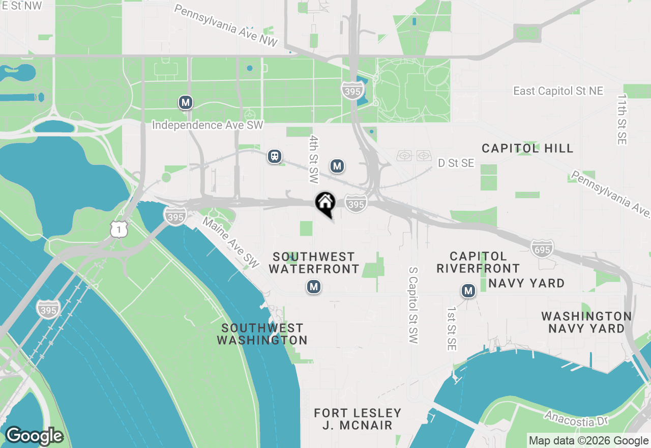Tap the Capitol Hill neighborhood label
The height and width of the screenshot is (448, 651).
click(527, 148)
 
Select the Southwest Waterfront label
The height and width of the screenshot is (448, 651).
click(314, 263)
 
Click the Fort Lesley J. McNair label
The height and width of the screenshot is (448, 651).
click(358, 419)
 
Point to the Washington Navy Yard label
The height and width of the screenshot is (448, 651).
click(586, 322)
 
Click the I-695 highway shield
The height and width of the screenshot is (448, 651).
click(542, 248)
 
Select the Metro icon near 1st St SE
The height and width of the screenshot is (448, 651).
click(468, 291)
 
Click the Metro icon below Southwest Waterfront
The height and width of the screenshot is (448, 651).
click(314, 287)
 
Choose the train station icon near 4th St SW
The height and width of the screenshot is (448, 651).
click(275, 156)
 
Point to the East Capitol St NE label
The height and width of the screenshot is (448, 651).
click(558, 91)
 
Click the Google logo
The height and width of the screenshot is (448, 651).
click(34, 436)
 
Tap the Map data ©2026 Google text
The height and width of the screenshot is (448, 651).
click(588, 441)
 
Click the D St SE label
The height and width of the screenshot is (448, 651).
click(456, 163)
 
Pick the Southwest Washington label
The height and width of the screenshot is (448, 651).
click(262, 334)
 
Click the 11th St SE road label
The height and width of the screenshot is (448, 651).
click(622, 119)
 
